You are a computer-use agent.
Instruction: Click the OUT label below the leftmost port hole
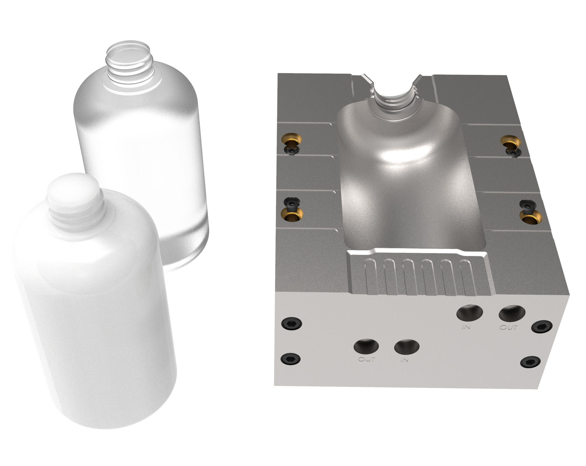click(x=367, y=359)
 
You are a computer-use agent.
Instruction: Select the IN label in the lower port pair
click(x=404, y=360)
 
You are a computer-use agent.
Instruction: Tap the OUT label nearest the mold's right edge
click(x=508, y=327)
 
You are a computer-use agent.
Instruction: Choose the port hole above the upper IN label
click(x=469, y=312)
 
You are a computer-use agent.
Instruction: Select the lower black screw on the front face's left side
click(x=291, y=359)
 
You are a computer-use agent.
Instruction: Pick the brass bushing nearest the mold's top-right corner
click(x=510, y=141)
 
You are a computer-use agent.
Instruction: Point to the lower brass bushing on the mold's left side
click(x=292, y=215)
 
